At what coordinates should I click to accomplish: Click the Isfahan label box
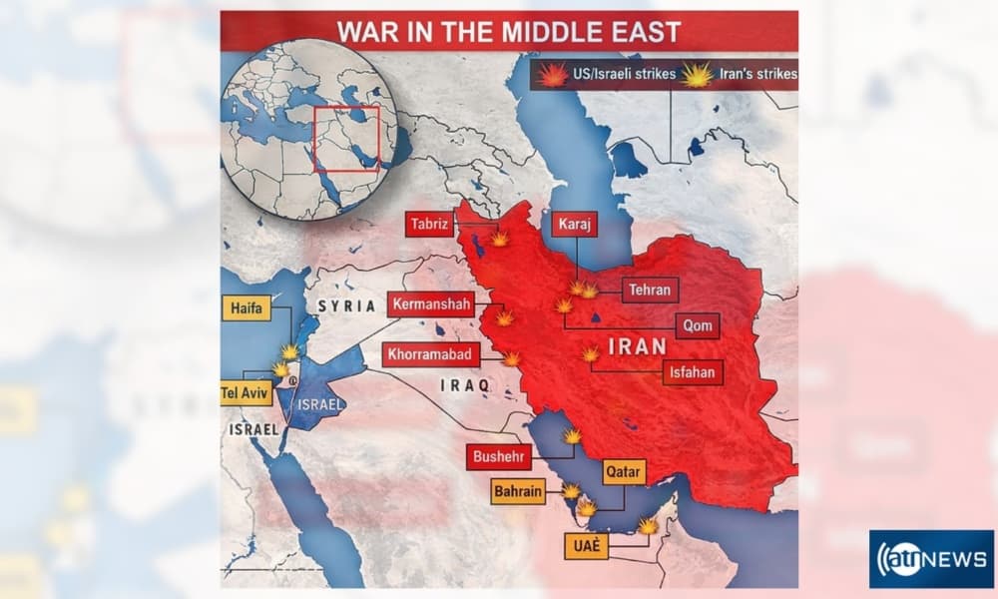tap(689, 372)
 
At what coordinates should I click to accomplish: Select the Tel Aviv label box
tap(245, 392)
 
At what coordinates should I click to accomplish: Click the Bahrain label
tap(518, 491)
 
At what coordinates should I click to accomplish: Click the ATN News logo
tap(930, 559)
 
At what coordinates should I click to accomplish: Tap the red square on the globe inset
tap(345, 138)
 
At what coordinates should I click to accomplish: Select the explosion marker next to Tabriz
tap(499, 240)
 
